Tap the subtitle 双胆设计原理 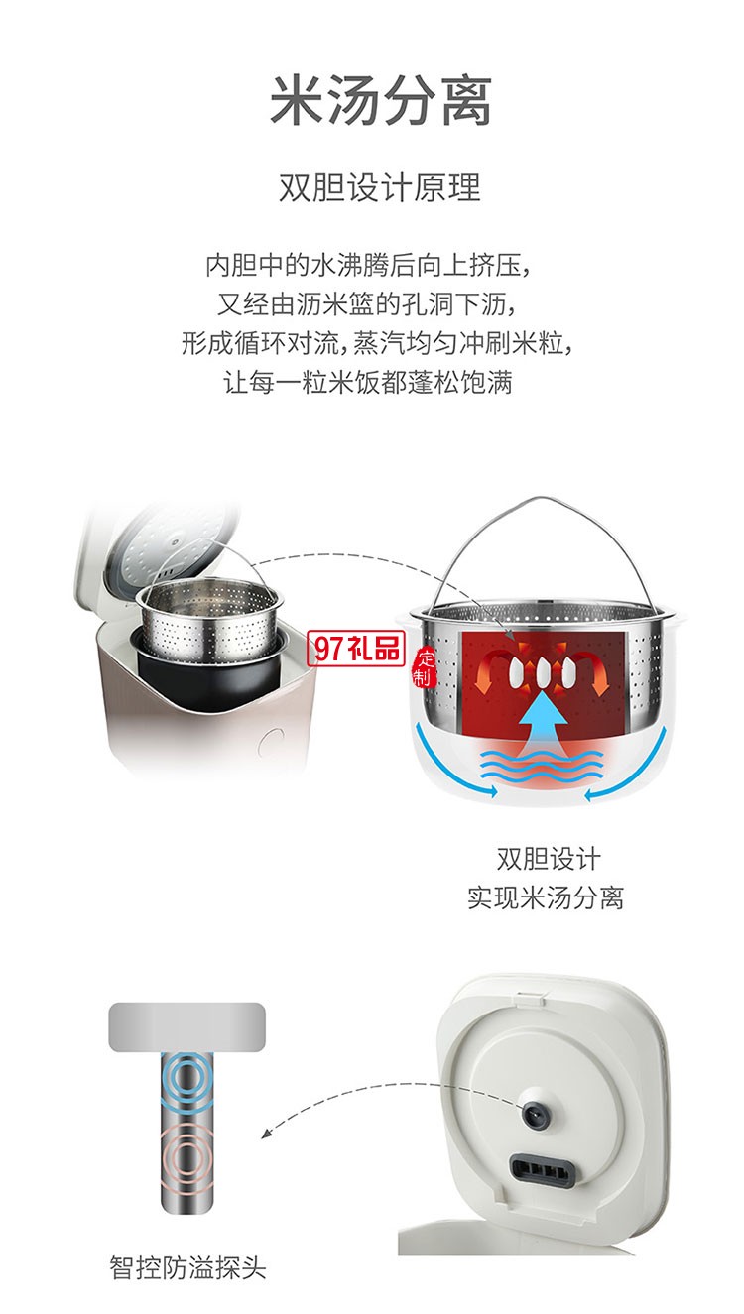click(x=380, y=187)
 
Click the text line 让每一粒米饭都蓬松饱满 click(x=368, y=382)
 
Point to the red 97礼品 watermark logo click(x=355, y=649)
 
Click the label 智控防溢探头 click(x=187, y=1267)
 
